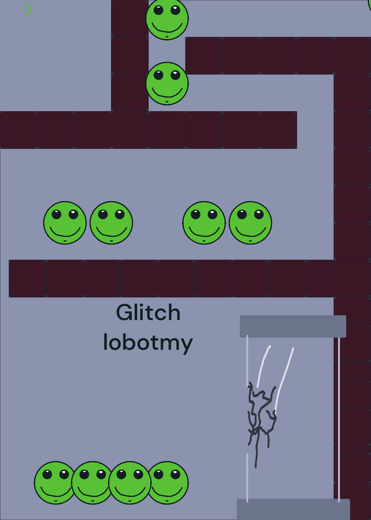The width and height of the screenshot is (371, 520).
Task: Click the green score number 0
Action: (27, 10)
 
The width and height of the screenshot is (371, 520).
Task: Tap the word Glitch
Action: (148, 313)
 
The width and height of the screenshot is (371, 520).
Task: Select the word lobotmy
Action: (148, 343)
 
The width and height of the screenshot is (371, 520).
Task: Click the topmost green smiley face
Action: (167, 19)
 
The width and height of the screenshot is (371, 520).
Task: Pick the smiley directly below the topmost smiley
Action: (167, 84)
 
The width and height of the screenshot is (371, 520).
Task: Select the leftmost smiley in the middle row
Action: (65, 223)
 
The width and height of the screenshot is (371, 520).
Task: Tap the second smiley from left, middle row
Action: (111, 223)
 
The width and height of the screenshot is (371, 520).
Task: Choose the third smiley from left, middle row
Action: (204, 223)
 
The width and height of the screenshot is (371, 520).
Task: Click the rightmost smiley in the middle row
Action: (250, 223)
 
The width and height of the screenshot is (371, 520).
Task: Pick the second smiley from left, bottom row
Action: (92, 483)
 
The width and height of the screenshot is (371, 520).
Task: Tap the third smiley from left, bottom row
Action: (130, 483)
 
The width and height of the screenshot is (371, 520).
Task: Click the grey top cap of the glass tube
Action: (293, 326)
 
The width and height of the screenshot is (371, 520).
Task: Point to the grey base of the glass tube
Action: (294, 510)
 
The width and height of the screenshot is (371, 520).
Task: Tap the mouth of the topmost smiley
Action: (167, 28)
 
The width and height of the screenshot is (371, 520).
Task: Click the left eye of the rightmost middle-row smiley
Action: (242, 214)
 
